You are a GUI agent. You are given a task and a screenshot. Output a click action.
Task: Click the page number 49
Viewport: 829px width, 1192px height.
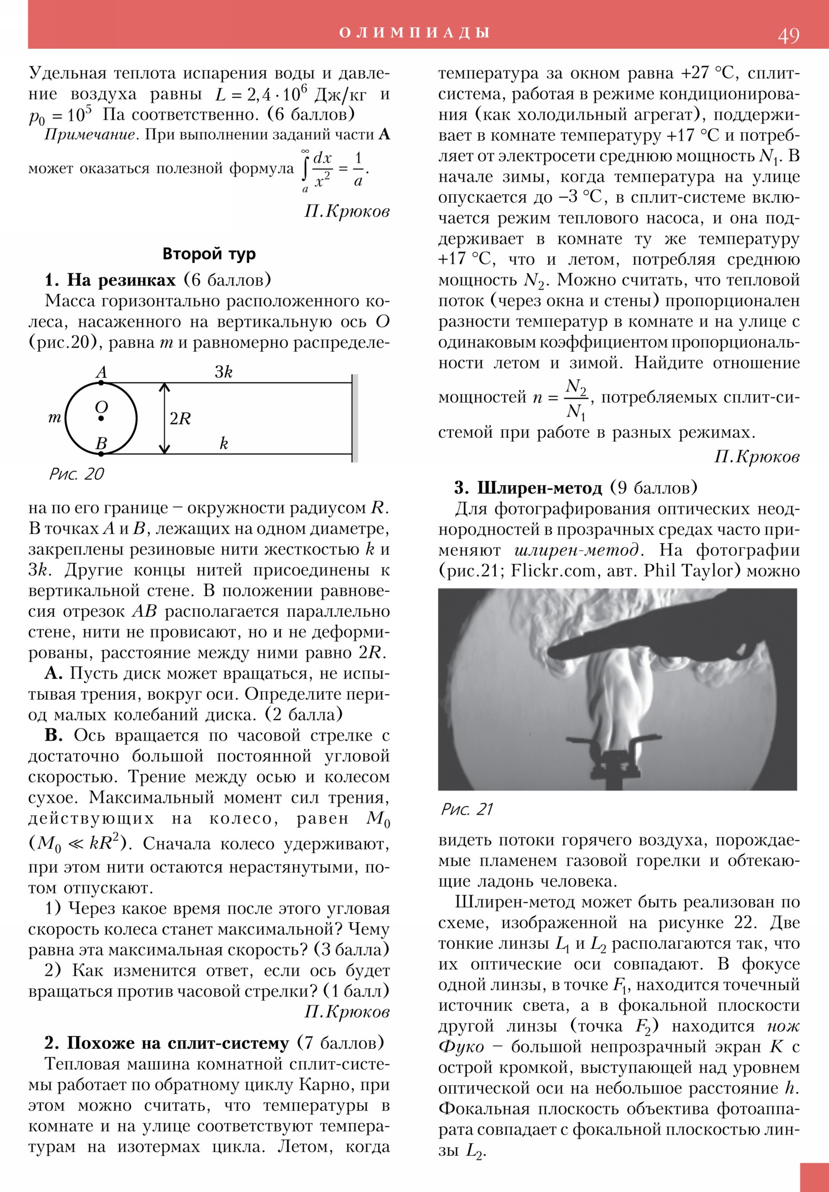pos(788,36)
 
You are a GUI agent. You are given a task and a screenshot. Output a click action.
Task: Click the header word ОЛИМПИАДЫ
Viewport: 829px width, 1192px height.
pos(414,33)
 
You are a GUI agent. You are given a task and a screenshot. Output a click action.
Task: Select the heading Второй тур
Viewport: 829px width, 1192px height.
pos(209,254)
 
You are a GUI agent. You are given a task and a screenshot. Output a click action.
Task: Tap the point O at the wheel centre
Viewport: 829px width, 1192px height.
pos(101,418)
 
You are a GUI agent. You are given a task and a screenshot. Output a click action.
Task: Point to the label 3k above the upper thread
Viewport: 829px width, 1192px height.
pos(224,372)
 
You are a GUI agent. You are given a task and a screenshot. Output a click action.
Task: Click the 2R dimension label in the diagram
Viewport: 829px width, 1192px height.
pos(181,418)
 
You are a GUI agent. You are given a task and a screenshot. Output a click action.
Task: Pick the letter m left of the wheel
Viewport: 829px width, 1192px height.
pos(54,418)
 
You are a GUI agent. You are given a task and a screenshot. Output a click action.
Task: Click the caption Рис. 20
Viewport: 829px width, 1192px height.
pos(76,474)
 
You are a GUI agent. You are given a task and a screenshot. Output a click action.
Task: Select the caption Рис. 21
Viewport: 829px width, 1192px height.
pos(466,809)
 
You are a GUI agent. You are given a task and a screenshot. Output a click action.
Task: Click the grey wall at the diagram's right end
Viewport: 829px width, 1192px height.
pos(354,418)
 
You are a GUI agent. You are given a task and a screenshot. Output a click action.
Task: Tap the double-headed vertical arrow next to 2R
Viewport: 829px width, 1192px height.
pos(165,418)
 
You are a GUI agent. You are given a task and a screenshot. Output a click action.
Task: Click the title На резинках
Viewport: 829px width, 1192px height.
pos(121,280)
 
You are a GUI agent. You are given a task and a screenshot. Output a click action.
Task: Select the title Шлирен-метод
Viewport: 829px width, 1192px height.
pos(539,488)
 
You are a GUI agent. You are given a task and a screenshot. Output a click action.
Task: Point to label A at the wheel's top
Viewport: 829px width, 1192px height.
pos(101,372)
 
